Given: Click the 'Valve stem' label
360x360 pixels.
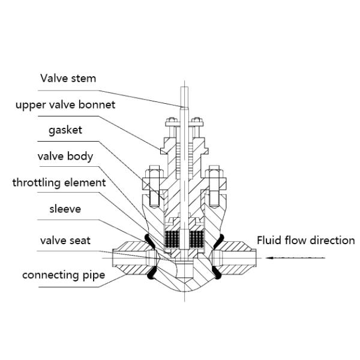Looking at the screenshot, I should [68, 79].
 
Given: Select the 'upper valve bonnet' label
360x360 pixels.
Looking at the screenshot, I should [65, 105].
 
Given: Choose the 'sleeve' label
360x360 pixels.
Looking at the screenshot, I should [65, 209].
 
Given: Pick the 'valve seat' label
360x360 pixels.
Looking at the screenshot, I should [65, 241].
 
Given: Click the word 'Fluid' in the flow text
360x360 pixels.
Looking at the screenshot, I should [269, 241].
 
